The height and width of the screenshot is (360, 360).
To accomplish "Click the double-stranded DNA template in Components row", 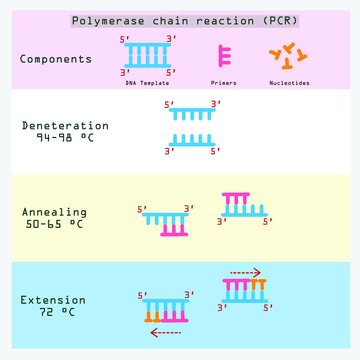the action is (147, 59).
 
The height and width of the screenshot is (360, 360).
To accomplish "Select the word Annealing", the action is (54, 212).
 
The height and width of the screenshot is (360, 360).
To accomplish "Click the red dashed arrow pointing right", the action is (245, 271).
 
